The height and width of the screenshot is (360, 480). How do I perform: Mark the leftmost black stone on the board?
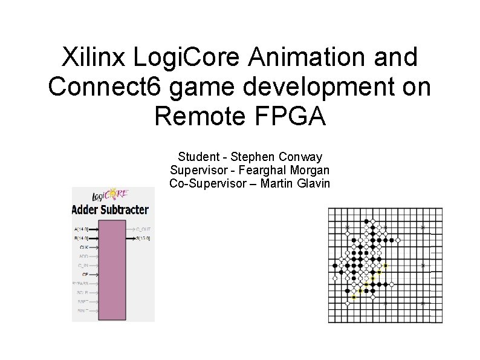click(x=334, y=265)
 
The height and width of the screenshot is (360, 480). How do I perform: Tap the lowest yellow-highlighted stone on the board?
click(x=354, y=297)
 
